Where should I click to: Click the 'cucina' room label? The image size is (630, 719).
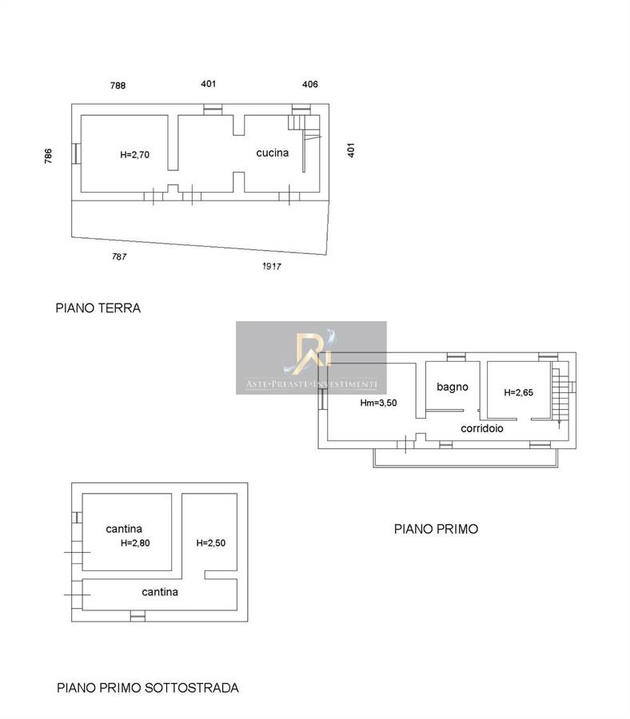click(x=272, y=153)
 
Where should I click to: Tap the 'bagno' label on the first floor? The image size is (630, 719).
click(x=453, y=387)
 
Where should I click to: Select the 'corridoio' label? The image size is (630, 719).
click(x=482, y=428)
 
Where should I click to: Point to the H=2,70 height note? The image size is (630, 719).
click(x=134, y=155)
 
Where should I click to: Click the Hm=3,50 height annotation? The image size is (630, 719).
click(x=378, y=403)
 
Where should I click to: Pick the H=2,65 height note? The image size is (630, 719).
click(x=519, y=392)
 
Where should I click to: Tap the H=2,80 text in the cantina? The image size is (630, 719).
click(x=135, y=543)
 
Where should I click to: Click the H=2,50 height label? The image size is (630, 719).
click(x=210, y=543)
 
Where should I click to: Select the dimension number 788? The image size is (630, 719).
click(x=118, y=85)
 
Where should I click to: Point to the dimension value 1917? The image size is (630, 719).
click(x=272, y=266)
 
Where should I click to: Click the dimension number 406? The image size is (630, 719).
click(x=310, y=84)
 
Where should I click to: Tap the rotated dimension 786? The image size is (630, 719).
click(x=48, y=156)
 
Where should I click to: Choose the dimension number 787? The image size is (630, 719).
click(x=119, y=256)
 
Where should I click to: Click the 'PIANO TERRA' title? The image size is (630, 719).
click(x=98, y=308)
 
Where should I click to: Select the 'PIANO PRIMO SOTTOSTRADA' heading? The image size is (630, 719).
click(x=148, y=688)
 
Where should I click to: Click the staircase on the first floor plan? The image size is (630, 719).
click(x=560, y=395)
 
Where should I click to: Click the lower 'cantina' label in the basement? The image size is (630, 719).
click(x=160, y=592)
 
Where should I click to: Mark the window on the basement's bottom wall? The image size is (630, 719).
click(x=138, y=616)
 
